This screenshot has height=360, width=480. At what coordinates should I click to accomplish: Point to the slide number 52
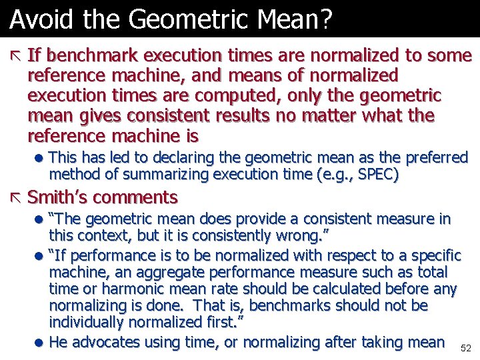tap(465, 348)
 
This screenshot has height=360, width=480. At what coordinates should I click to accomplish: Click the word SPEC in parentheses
tap(379, 175)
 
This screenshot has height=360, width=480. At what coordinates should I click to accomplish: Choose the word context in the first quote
tap(107, 235)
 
